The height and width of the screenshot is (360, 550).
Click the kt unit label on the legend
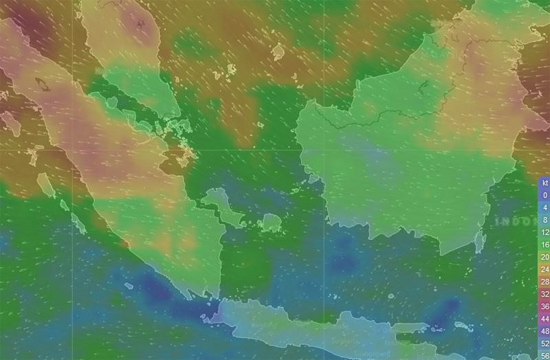tap(544, 183)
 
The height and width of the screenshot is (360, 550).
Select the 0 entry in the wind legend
tap(544, 195)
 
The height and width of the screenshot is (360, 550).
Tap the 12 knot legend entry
tap(544, 232)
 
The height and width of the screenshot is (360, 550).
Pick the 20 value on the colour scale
tap(544, 257)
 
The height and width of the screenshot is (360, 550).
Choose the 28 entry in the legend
tap(544, 282)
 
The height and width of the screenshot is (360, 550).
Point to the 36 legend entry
tap(544, 306)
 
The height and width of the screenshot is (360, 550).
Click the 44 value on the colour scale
tap(544, 319)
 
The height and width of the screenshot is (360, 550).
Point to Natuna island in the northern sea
tap(278, 52)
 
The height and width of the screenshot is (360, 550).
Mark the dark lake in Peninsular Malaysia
tap(141, 25)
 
